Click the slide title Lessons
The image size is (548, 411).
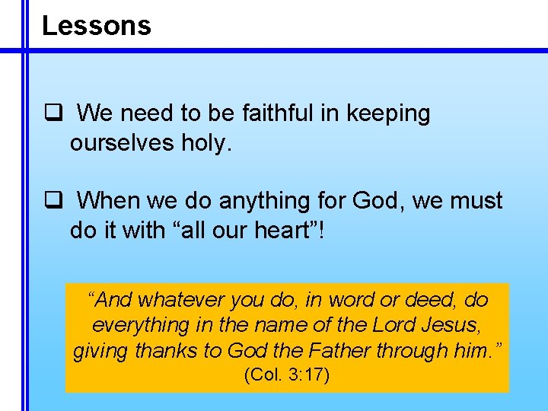point(96,26)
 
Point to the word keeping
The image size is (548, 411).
point(388,114)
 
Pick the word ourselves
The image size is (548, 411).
point(117,142)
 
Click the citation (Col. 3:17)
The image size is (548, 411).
point(286,375)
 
